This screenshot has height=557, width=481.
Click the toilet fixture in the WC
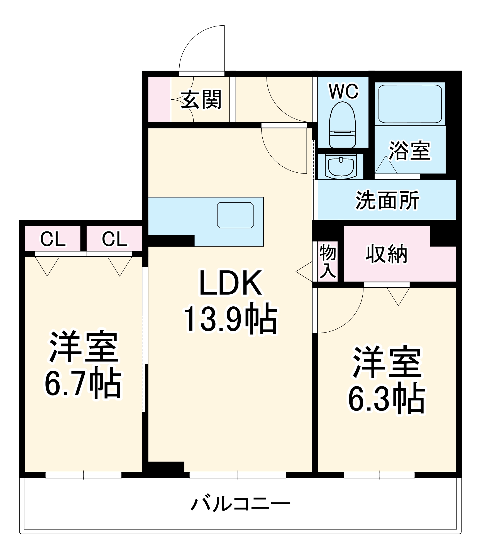click(342, 125)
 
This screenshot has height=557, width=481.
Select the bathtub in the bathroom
click(410, 104)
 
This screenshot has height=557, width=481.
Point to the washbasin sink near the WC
click(341, 167)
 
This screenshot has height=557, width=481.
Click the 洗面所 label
click(387, 200)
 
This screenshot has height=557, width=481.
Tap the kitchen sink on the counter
click(235, 215)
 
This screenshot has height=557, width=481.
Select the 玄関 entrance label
click(201, 99)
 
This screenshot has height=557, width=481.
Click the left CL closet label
click(53, 239)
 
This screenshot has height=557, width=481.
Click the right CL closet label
click(114, 239)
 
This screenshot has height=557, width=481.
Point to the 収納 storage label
click(386, 254)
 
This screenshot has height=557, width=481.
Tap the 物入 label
click(328, 261)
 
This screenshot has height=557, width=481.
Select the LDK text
click(231, 283)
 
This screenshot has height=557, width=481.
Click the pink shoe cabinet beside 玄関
click(159, 99)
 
